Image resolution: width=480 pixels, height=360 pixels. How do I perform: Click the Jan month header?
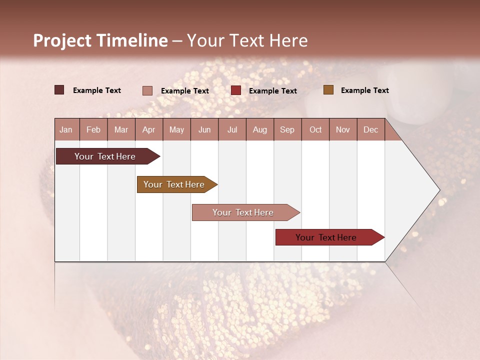tap(66, 129)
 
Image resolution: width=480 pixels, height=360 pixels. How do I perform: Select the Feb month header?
tap(93, 129)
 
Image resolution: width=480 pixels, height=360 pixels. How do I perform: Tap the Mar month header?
tap(121, 129)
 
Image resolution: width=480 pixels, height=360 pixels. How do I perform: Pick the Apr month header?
tap(149, 129)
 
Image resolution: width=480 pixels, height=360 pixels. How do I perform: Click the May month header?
tap(176, 129)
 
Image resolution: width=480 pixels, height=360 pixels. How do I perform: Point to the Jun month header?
tap(204, 129)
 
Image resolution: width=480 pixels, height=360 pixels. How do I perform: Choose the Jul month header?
tap(232, 129)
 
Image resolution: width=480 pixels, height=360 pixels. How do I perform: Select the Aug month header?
tap(260, 129)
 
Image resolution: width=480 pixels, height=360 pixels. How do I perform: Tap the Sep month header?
tap(287, 129)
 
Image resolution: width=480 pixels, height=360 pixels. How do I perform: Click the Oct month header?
tap(315, 129)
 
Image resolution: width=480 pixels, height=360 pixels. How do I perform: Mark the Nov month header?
tap(343, 129)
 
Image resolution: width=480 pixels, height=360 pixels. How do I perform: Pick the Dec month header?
tap(370, 129)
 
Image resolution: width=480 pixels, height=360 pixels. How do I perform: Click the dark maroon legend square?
tap(59, 90)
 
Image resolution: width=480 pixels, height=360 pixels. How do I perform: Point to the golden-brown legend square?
tap(328, 90)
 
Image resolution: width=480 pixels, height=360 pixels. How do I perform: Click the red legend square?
tap(236, 90)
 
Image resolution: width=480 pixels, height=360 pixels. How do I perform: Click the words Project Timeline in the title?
tap(100, 40)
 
